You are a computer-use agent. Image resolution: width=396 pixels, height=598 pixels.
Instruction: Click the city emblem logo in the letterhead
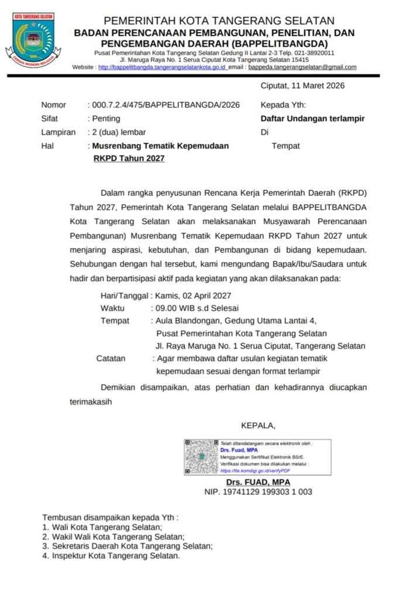pos(34,40)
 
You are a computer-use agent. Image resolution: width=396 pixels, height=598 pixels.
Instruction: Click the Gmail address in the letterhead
pos(302,67)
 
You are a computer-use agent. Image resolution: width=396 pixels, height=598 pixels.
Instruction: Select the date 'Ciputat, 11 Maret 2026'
pos(302,86)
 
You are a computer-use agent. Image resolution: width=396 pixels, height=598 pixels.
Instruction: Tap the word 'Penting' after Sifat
pos(106,119)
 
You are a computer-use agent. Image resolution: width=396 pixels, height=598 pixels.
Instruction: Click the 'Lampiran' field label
pos(58,132)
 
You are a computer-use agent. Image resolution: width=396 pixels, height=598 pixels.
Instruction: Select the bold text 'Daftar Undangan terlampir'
pos(312,119)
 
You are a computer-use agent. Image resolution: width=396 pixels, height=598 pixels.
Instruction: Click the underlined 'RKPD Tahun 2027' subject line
pos(129,158)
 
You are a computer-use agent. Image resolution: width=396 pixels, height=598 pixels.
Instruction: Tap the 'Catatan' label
pos(111,358)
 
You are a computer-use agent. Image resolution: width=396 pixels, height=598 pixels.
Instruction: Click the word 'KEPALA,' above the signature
pos(258,425)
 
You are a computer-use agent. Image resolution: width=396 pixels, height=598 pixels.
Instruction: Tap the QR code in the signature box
pos(201,457)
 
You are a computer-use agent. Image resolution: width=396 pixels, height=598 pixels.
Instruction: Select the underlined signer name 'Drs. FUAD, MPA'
pos(258,482)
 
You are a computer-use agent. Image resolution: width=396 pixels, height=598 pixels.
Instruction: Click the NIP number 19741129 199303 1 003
pos(258,492)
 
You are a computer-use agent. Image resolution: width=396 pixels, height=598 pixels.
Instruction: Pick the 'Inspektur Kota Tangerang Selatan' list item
pos(115,556)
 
